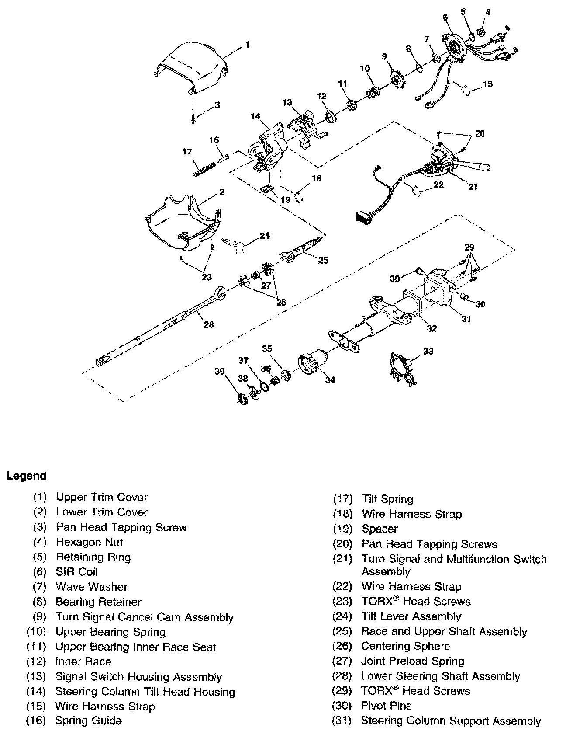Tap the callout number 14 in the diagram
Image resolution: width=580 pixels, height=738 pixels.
pyautogui.click(x=255, y=116)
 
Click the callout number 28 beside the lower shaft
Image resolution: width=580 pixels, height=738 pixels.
pyautogui.click(x=209, y=324)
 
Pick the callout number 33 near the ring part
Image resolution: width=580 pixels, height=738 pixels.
pyautogui.click(x=428, y=351)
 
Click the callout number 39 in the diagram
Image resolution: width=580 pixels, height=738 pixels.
pyautogui.click(x=219, y=371)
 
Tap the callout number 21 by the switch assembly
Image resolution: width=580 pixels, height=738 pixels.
pyautogui.click(x=473, y=187)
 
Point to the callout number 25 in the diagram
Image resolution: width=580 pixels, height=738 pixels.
pyautogui.click(x=323, y=260)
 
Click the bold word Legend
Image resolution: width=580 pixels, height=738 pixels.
pyautogui.click(x=26, y=476)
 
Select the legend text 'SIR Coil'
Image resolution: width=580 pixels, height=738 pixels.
pyautogui.click(x=77, y=572)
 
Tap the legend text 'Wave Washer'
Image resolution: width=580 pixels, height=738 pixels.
pyautogui.click(x=91, y=587)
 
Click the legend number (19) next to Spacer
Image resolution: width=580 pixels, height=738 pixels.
pyautogui.click(x=342, y=529)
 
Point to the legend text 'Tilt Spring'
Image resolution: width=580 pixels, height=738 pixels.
pyautogui.click(x=387, y=499)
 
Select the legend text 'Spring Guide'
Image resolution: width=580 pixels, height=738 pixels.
pyautogui.click(x=88, y=721)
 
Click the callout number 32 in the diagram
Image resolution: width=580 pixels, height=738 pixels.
pyautogui.click(x=432, y=328)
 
